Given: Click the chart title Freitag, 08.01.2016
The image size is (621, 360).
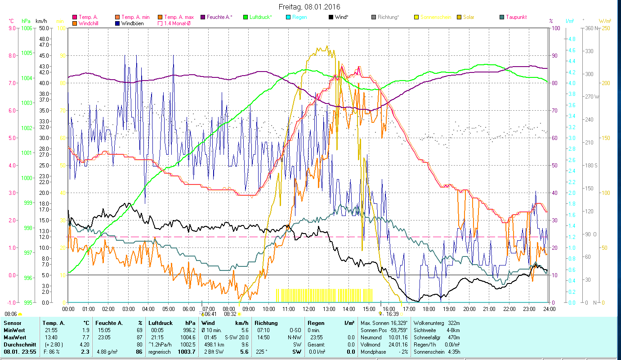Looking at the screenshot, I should (x=309, y=7).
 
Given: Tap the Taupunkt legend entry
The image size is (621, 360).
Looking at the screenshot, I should (x=516, y=17).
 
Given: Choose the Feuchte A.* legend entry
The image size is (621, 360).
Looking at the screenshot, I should (x=219, y=17).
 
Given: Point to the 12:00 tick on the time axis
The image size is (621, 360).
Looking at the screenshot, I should (x=309, y=309).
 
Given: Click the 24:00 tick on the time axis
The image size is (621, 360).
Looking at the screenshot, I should (x=549, y=309).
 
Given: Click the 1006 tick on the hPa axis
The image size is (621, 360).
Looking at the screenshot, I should (x=27, y=28).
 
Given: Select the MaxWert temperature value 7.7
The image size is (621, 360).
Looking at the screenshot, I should (x=85, y=337).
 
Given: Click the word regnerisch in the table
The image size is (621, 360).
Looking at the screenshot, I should (x=160, y=351).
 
